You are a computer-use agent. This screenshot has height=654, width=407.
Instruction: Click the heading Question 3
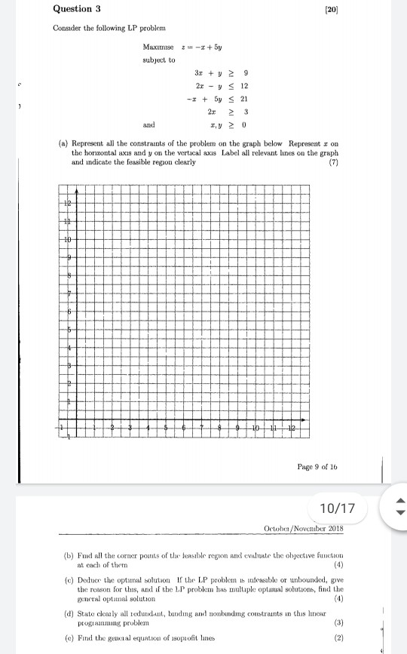tap(78, 9)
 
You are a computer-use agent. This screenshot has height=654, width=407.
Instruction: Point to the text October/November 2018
tap(314, 527)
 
